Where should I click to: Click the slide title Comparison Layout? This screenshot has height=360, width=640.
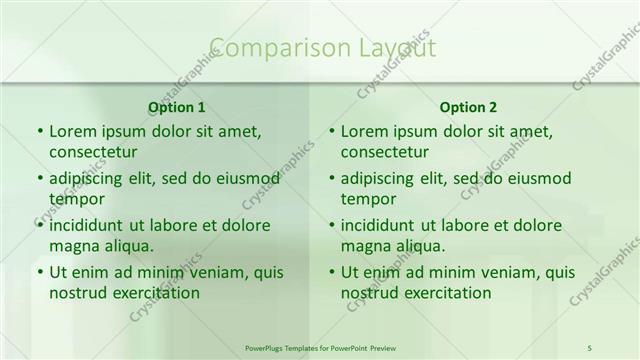click(323, 47)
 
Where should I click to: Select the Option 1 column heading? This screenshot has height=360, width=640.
click(176, 107)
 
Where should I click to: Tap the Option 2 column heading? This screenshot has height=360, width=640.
click(467, 107)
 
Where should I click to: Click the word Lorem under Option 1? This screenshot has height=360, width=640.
click(72, 131)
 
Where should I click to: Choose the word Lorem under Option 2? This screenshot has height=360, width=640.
click(364, 131)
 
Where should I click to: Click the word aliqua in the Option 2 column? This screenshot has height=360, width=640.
click(420, 246)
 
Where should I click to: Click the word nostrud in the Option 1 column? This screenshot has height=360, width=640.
click(77, 293)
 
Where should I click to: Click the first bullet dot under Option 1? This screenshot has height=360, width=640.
click(38, 132)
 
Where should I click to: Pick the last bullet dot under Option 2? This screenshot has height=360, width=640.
click(330, 273)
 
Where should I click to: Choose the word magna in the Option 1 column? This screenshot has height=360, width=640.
click(72, 246)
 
